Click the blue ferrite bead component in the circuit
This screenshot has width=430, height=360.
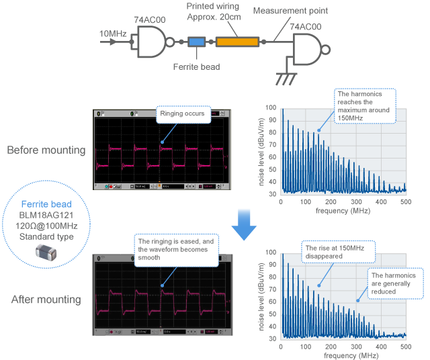(x=196, y=42)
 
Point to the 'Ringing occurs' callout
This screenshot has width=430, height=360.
(x=184, y=114)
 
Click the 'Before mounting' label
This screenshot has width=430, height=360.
(x=46, y=149)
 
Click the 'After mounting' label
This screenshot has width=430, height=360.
(x=46, y=299)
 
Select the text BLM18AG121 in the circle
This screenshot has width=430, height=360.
(x=46, y=215)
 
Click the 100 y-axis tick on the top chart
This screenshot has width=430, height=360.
(x=270, y=107)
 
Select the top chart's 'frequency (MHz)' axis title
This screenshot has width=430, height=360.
(x=343, y=210)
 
